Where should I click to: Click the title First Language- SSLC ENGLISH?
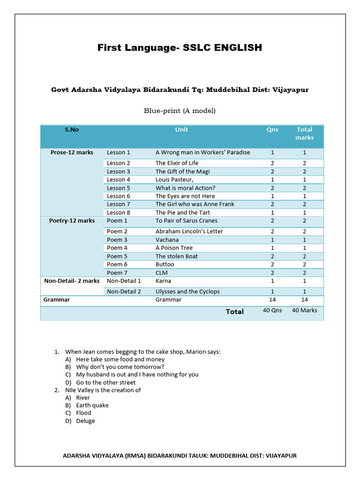(180, 48)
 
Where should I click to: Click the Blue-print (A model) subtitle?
(180, 111)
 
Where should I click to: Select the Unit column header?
(181, 130)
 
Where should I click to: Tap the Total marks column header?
(304, 134)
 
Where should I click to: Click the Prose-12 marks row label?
(72, 152)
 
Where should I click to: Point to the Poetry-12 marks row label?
(72, 221)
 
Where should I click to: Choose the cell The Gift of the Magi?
(182, 172)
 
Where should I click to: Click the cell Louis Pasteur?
(174, 180)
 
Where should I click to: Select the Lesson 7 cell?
(119, 204)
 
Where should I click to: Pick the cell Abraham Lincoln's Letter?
(189, 232)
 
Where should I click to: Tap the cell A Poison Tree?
(174, 248)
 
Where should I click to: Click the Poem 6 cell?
(117, 264)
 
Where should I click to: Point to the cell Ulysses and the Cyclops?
(187, 292)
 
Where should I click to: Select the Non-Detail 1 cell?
(124, 281)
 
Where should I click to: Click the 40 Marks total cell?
(304, 310)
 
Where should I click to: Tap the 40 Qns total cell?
(272, 310)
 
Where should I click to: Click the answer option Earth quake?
(92, 405)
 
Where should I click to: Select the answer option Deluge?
(85, 421)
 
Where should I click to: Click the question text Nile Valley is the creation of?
(103, 390)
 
